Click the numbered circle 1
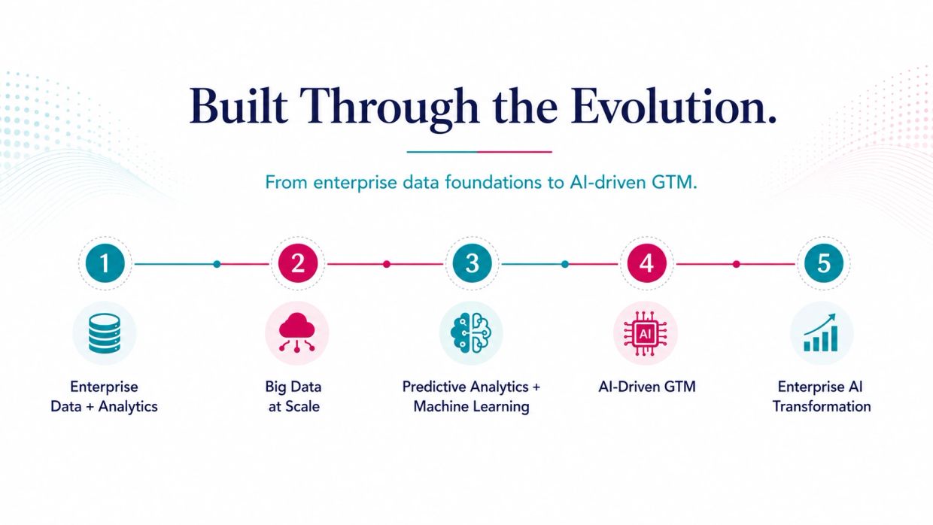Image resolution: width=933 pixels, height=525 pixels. [105, 263]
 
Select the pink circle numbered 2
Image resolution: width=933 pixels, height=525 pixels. [298, 263]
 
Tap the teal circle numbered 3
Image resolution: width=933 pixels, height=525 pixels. [472, 263]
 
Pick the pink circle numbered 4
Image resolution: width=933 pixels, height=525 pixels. [646, 263]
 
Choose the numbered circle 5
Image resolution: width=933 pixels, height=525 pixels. [824, 263]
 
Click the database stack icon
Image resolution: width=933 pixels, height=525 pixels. [105, 333]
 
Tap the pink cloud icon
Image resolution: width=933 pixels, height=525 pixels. [297, 332]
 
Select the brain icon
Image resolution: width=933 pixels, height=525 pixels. [471, 333]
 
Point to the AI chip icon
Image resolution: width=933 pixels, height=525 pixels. [645, 333]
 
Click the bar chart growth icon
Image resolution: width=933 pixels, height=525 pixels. [821, 332]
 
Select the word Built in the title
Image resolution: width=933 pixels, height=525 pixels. [239, 106]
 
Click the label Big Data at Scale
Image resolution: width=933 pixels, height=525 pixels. [293, 396]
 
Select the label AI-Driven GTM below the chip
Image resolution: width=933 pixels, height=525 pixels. [647, 387]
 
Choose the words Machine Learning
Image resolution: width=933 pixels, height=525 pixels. [471, 407]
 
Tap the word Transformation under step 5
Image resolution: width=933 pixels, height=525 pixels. [822, 406]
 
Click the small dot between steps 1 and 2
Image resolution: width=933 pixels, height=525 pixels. [217, 264]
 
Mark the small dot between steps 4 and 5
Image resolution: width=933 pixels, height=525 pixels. [737, 264]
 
